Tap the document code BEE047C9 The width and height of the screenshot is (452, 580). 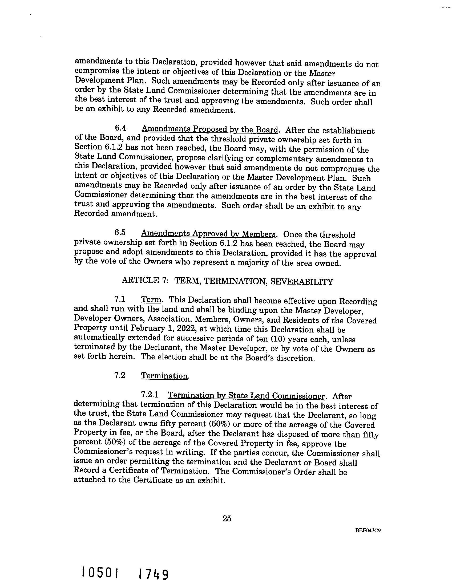[x=368, y=530]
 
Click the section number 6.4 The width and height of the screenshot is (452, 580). [x=120, y=128]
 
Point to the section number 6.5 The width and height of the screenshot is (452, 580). [x=120, y=233]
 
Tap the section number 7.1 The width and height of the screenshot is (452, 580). [x=120, y=299]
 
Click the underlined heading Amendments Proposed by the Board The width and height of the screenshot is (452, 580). [x=210, y=130]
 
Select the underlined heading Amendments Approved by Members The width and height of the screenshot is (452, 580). [x=208, y=234]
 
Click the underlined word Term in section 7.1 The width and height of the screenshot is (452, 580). [x=151, y=300]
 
